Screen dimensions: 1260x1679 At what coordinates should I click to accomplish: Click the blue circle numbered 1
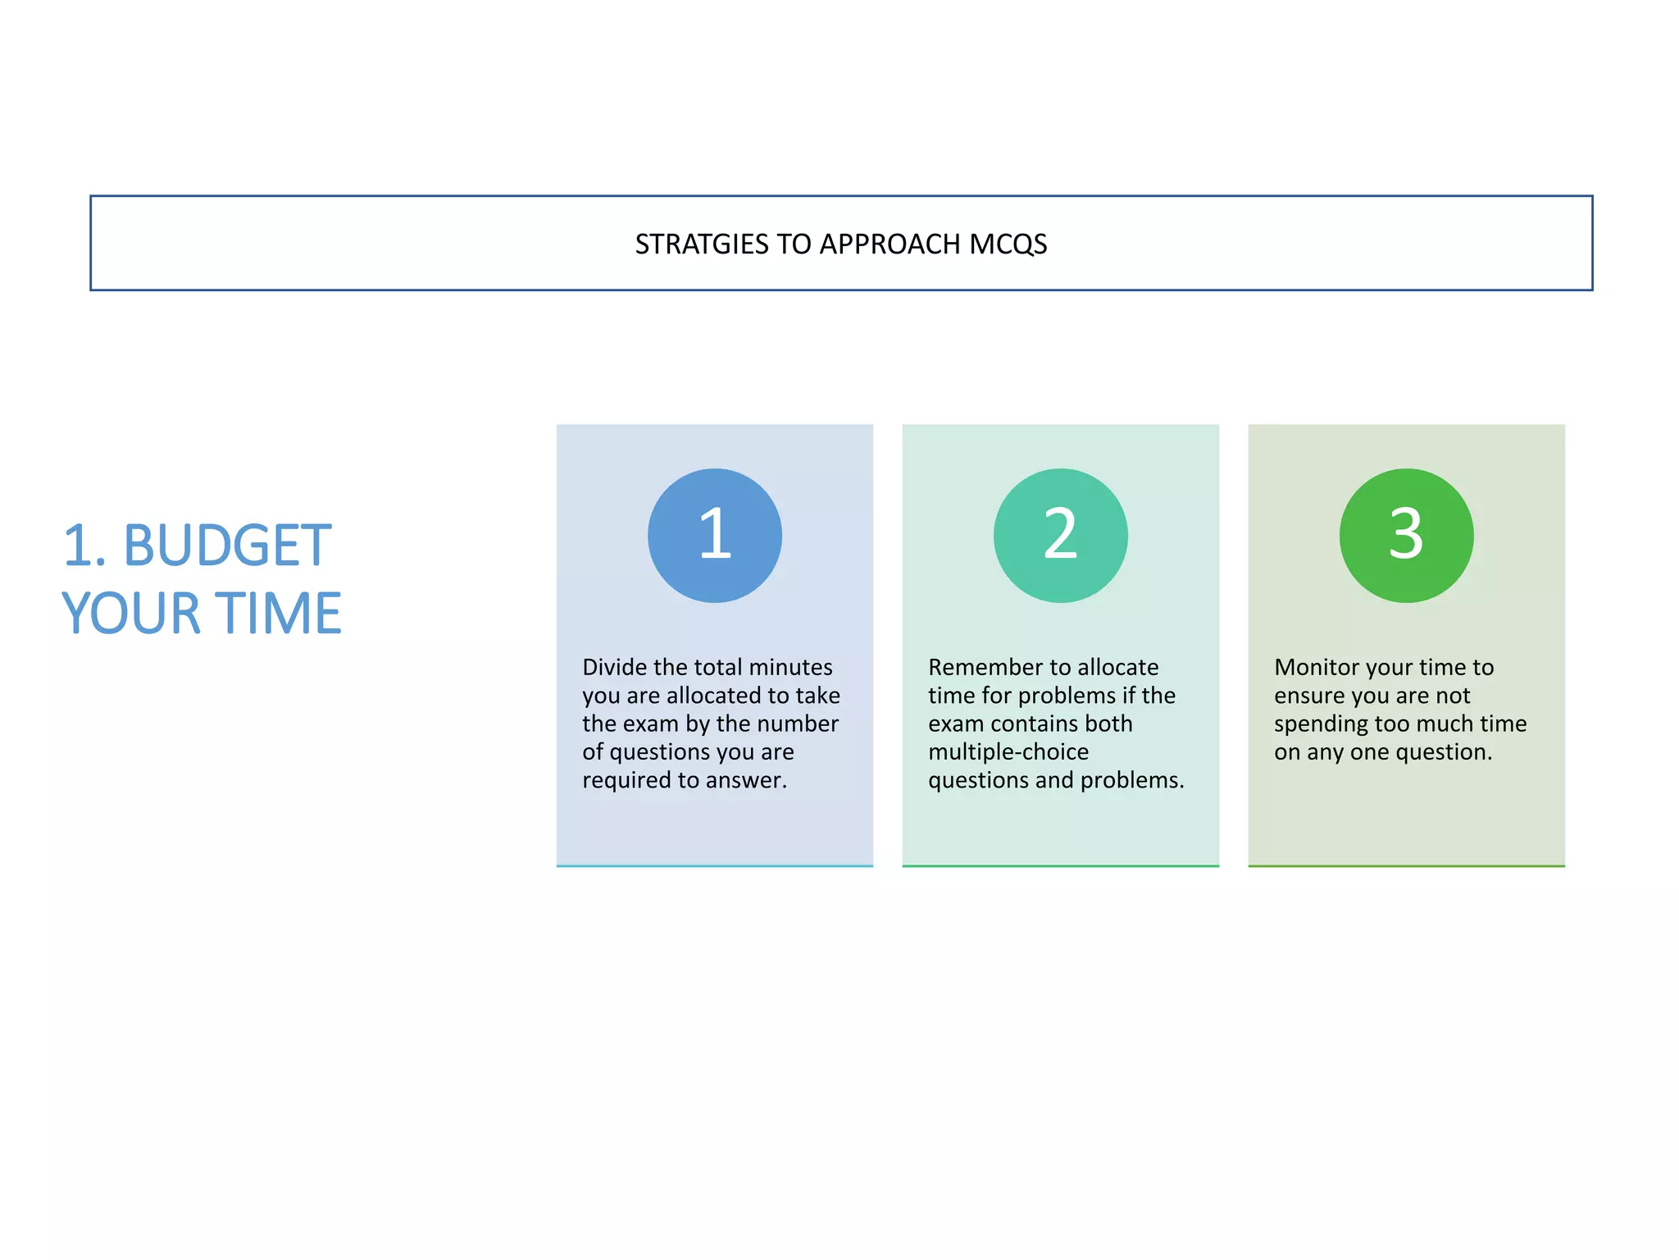714,536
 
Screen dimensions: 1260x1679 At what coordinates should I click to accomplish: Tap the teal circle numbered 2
1060,536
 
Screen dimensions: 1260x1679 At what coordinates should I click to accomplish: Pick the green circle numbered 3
1406,536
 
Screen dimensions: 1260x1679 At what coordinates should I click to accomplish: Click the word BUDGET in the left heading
227,546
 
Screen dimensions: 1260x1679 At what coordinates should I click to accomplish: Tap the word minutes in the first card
790,667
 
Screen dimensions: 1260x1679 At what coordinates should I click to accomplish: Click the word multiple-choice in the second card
1008,752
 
